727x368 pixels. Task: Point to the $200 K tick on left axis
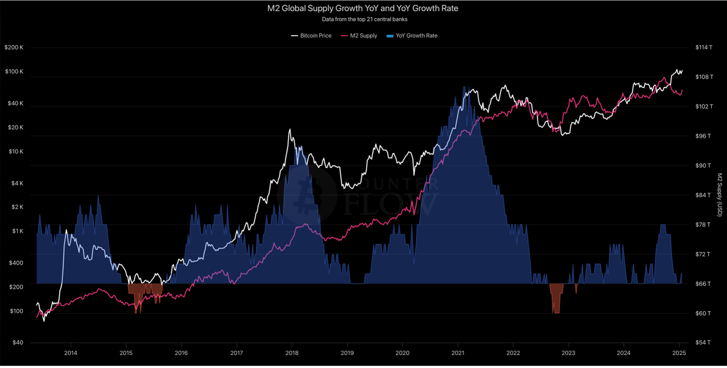pyautogui.click(x=14, y=48)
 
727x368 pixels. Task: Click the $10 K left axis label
pyautogui.click(x=15, y=151)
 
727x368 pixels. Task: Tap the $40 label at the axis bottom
pyautogui.click(x=18, y=343)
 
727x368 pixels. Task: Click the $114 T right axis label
pyautogui.click(x=704, y=48)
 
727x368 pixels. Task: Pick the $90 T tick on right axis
pyautogui.click(x=704, y=166)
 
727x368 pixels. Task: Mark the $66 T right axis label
pyautogui.click(x=704, y=284)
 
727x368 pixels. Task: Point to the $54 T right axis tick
pyautogui.click(x=704, y=343)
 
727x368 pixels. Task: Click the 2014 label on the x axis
pyautogui.click(x=71, y=353)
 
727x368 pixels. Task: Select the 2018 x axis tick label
pyautogui.click(x=292, y=353)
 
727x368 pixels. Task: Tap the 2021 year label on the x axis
pyautogui.click(x=458, y=353)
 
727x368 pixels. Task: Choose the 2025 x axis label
pyautogui.click(x=679, y=353)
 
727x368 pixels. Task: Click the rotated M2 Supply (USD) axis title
pyautogui.click(x=719, y=195)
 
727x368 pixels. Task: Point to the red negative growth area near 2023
pyautogui.click(x=556, y=297)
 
